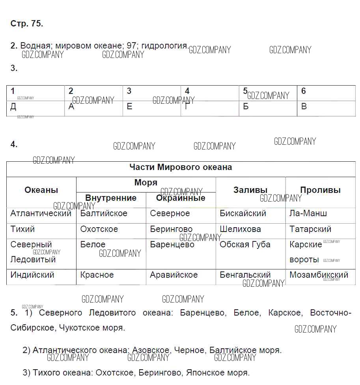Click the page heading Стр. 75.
pyautogui.click(x=26, y=24)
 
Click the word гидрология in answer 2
pyautogui.click(x=164, y=46)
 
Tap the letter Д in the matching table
pyautogui.click(x=13, y=107)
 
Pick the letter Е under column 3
pyautogui.click(x=129, y=107)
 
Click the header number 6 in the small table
pyautogui.click(x=304, y=91)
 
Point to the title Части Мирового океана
pyautogui.click(x=181, y=167)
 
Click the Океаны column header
pyautogui.click(x=41, y=190)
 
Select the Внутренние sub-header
pyautogui.click(x=111, y=198)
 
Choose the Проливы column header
pyautogui.click(x=320, y=190)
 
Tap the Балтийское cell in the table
pyautogui.click(x=104, y=213)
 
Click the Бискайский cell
pyautogui.click(x=243, y=213)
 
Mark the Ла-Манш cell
pyautogui.click(x=308, y=213)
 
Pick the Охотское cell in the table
pyautogui.click(x=99, y=229)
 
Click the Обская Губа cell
pyautogui.click(x=245, y=245)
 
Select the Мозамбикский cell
pyautogui.click(x=319, y=275)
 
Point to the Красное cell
pyautogui.click(x=97, y=275)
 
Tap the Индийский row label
pyautogui.click(x=32, y=275)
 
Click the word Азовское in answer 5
pyautogui.click(x=151, y=350)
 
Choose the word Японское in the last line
pyautogui.click(x=204, y=372)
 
